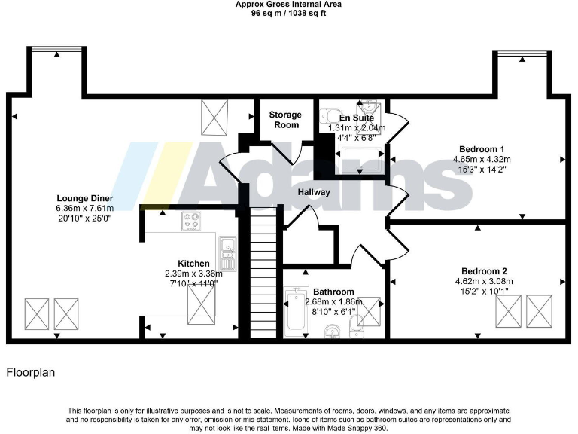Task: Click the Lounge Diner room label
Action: click(x=84, y=198)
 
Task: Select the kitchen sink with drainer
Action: click(x=227, y=252)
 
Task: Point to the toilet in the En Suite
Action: click(x=327, y=116)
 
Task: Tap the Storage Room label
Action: click(x=285, y=119)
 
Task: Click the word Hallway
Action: click(x=313, y=192)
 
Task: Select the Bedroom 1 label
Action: click(x=482, y=148)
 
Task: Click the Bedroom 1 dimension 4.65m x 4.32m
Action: click(x=482, y=159)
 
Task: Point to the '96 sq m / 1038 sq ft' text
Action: click(x=288, y=13)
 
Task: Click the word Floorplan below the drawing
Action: click(x=31, y=372)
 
